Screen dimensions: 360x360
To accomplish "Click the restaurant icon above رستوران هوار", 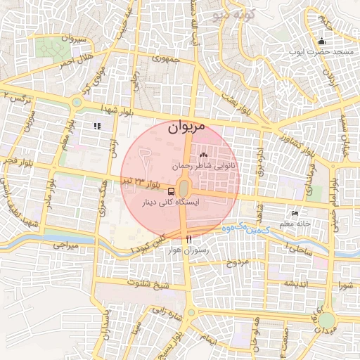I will coord(188,240).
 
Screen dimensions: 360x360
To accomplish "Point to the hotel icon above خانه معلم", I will coord(295,213).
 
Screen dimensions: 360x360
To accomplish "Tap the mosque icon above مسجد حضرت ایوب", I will coord(321,40).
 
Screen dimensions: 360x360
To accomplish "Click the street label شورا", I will coord(345,285).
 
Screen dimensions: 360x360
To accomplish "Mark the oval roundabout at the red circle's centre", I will coord(184,188).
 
